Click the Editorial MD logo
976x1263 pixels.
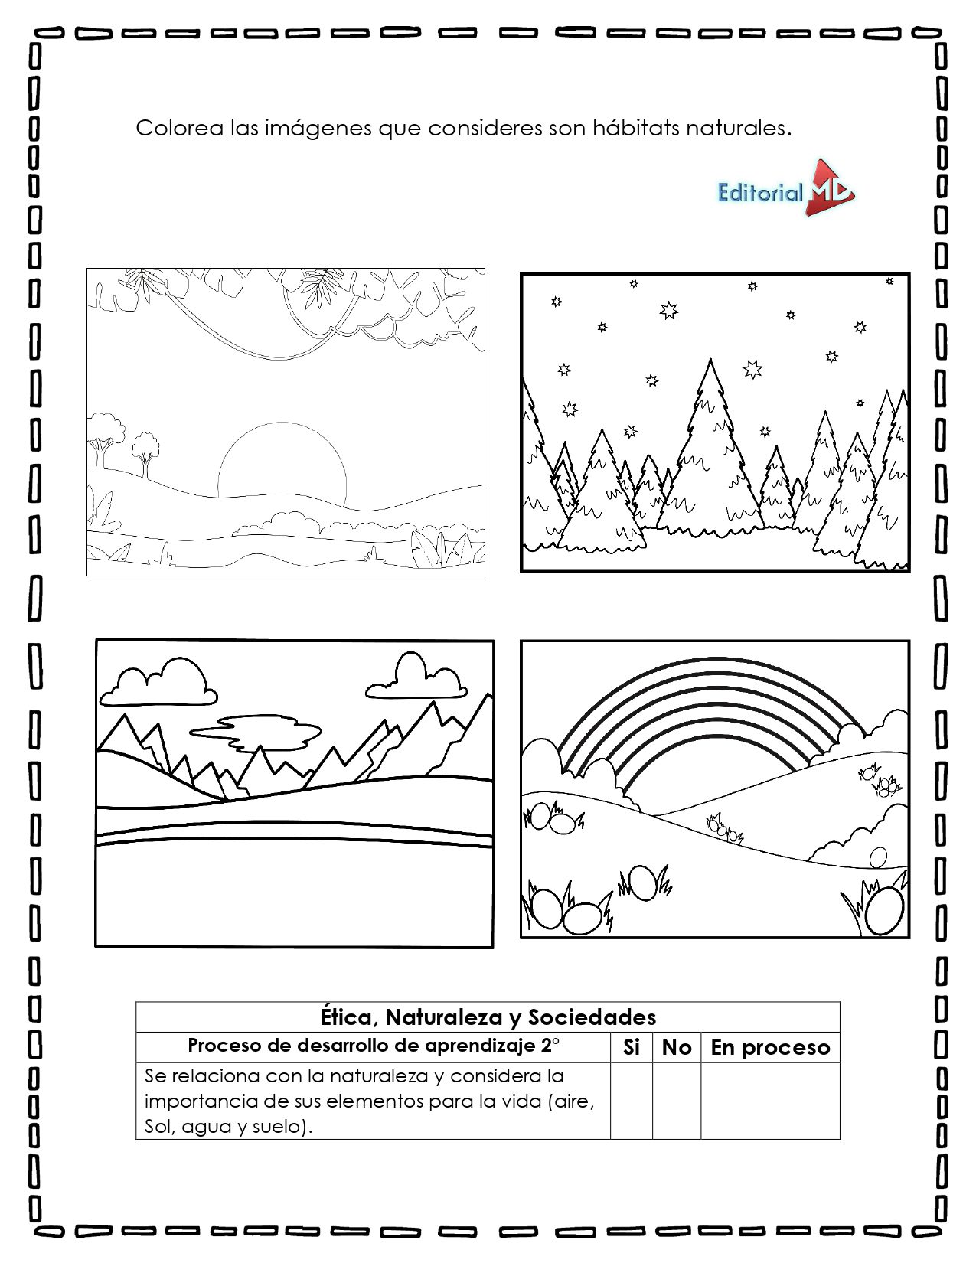click(x=785, y=189)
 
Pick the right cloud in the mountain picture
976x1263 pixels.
click(x=418, y=677)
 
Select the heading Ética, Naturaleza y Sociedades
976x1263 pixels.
click(x=488, y=1017)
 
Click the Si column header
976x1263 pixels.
click(x=631, y=1047)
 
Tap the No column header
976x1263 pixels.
click(x=676, y=1047)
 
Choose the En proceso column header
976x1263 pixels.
click(x=770, y=1047)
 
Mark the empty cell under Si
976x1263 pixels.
click(x=631, y=1100)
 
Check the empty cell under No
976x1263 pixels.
click(x=676, y=1100)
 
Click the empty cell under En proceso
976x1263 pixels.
click(x=770, y=1100)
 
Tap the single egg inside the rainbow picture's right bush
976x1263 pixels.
click(x=878, y=856)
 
